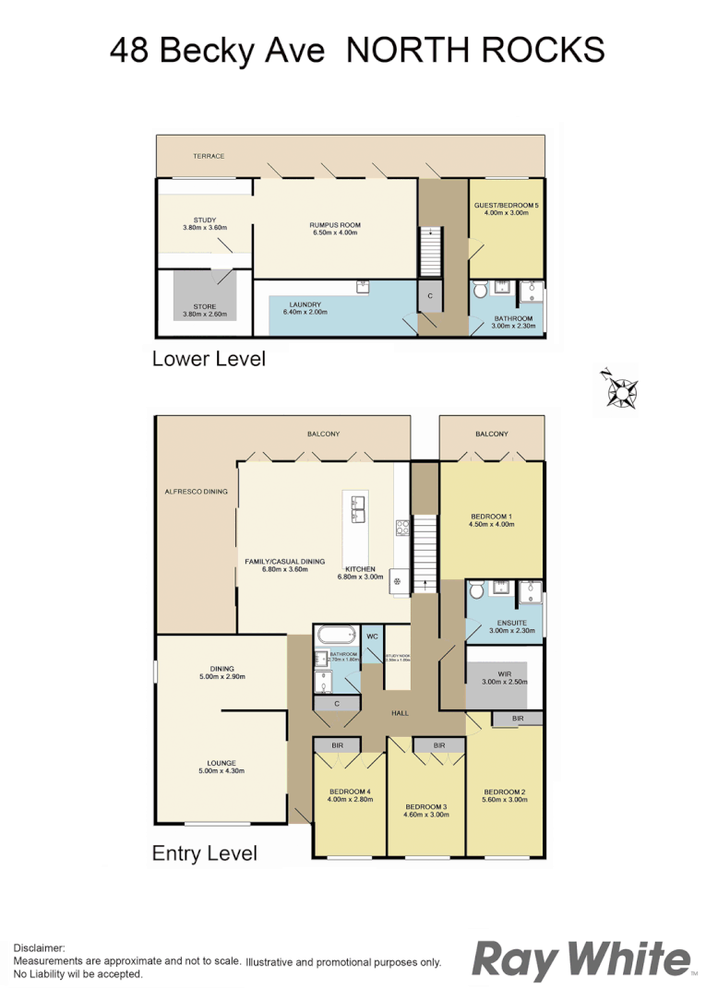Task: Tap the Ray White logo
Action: (580, 959)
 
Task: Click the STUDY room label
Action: (204, 220)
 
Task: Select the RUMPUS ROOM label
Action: (334, 225)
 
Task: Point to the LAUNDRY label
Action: (305, 304)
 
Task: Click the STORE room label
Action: (204, 307)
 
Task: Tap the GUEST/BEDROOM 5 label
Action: (500, 205)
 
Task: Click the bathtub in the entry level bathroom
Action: (333, 636)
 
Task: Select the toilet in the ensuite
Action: (477, 590)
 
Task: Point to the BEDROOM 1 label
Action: (491, 517)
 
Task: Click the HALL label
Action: (399, 713)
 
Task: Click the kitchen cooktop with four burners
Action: (402, 529)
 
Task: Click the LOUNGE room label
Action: (221, 763)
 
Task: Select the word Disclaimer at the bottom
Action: (39, 947)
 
